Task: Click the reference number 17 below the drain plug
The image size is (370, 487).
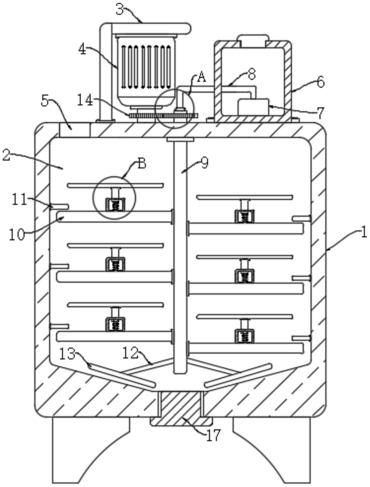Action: (x=213, y=435)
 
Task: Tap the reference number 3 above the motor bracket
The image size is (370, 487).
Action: (x=120, y=9)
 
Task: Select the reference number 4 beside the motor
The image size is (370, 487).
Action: (x=82, y=49)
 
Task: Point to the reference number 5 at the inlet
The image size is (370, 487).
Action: (x=45, y=101)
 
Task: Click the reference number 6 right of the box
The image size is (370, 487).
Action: (x=320, y=82)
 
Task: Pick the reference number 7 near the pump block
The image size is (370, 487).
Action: (x=320, y=112)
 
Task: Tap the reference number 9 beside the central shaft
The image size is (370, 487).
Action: (x=204, y=163)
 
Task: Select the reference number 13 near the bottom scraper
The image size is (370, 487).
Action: (x=68, y=355)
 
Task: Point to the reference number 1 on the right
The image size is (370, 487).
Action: (x=364, y=233)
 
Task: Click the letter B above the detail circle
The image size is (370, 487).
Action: (x=142, y=164)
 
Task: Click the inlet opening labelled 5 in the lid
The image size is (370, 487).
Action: (x=74, y=130)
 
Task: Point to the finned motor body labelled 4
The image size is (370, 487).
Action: (x=146, y=68)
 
